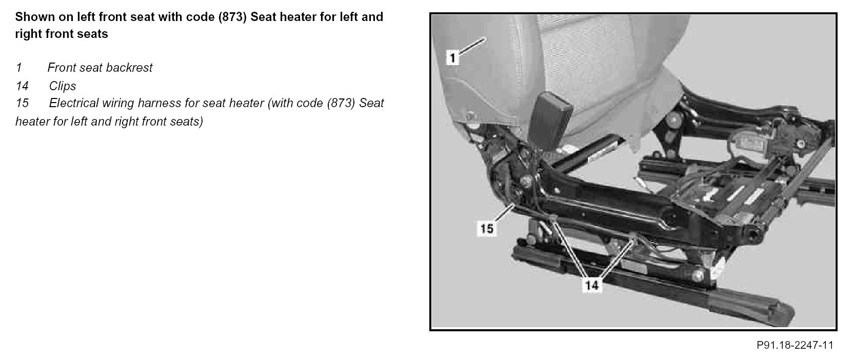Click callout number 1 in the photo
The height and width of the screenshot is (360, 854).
pyautogui.click(x=452, y=58)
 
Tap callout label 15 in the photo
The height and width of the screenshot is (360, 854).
pyautogui.click(x=487, y=228)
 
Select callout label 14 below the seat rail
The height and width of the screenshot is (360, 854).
pyautogui.click(x=592, y=285)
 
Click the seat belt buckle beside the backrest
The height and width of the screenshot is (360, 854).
pyautogui.click(x=550, y=121)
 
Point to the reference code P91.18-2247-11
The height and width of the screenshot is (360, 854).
pyautogui.click(x=795, y=345)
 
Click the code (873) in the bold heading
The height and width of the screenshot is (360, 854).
pyautogui.click(x=232, y=17)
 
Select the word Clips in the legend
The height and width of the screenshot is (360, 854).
pyautogui.click(x=63, y=86)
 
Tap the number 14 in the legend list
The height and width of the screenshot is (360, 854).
pyautogui.click(x=22, y=86)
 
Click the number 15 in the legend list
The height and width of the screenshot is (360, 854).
pyautogui.click(x=22, y=103)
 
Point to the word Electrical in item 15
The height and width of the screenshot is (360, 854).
pyautogui.click(x=73, y=103)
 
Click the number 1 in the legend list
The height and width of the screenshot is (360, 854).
pyautogui.click(x=19, y=68)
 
